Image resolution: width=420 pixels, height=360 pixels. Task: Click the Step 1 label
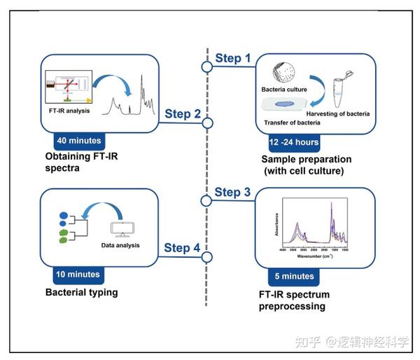232,57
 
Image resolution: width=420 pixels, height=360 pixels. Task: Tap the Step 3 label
232,192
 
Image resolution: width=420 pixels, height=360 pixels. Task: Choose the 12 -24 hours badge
293,142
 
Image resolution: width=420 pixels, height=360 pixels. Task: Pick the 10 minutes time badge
78,274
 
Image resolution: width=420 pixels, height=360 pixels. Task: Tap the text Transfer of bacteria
292,123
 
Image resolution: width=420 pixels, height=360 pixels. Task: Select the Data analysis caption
120,245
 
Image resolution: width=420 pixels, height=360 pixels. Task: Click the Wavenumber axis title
320,256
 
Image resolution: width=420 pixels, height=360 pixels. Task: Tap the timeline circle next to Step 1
206,67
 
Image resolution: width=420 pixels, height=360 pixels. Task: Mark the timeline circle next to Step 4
206,257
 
